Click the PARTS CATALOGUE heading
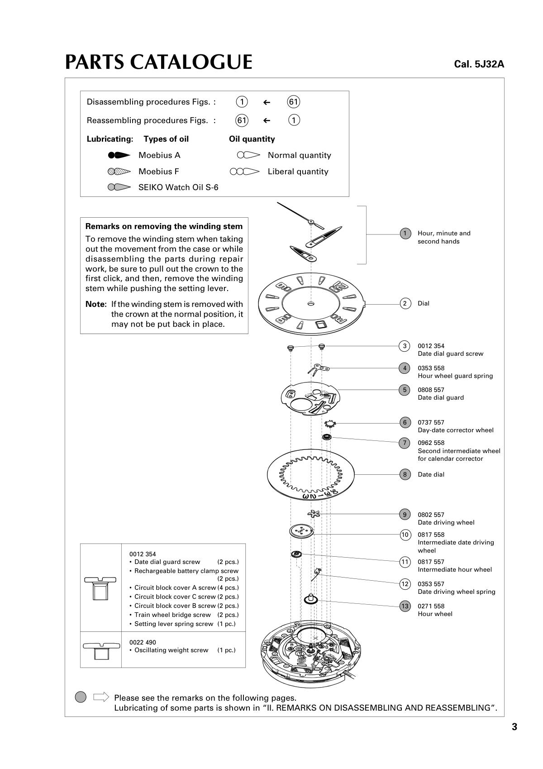(158, 62)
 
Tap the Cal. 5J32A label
(479, 64)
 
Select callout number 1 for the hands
(405, 234)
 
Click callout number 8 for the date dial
(405, 474)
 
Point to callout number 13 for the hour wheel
(405, 606)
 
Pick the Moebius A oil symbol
(119, 155)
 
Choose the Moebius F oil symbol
(119, 172)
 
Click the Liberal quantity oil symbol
(244, 172)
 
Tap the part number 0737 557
(431, 422)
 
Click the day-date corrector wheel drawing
(330, 424)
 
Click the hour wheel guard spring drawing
(319, 369)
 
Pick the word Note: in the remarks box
(95, 304)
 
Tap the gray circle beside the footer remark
(81, 697)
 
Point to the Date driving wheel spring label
(456, 592)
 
